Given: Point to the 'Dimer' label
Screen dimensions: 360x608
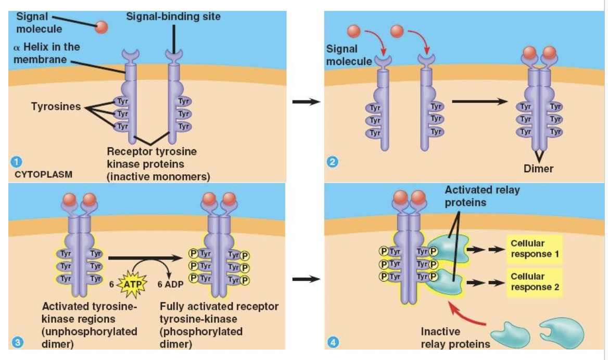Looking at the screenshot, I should [x=539, y=169].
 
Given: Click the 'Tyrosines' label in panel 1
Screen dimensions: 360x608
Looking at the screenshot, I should [x=56, y=107].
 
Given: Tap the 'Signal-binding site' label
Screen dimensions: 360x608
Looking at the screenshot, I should [x=173, y=17].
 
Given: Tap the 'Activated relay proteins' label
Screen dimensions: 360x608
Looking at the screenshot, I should [x=482, y=196].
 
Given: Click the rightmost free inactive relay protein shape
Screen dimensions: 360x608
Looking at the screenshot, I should [x=559, y=332].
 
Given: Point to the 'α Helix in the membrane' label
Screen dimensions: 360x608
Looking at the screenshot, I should [x=46, y=53].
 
